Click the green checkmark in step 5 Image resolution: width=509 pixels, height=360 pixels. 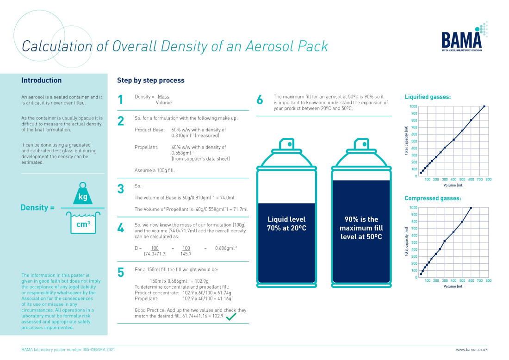[231, 317]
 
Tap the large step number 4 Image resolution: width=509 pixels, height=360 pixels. [121, 229]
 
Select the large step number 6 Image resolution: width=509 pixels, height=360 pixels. [260, 99]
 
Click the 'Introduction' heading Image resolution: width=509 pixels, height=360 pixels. [41, 81]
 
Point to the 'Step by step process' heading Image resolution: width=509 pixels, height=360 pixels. [150, 81]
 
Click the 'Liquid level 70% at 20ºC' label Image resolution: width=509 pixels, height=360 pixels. [286, 223]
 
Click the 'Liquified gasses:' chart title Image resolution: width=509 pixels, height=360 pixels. [428, 97]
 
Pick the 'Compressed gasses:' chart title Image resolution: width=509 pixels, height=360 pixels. [432, 199]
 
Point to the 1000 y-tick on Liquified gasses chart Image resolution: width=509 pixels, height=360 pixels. [413, 106]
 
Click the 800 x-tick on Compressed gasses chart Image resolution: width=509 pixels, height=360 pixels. [488, 280]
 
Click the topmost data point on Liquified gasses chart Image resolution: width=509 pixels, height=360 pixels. [484, 106]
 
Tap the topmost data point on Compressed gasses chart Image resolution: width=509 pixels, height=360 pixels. [471, 208]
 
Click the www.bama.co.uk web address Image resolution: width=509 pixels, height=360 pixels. [472, 350]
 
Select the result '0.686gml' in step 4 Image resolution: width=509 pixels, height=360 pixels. [226, 248]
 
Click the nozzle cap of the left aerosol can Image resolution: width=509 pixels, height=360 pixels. [286, 145]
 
